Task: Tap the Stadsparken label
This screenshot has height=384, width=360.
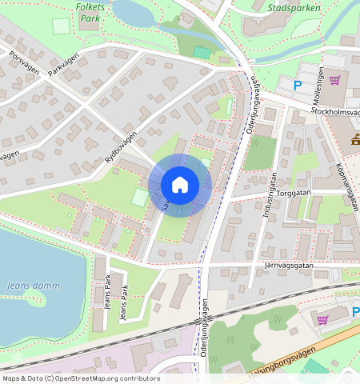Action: [x=295, y=8]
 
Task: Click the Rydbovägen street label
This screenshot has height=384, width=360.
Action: [x=121, y=149]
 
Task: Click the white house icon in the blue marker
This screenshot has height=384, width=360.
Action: [x=180, y=185]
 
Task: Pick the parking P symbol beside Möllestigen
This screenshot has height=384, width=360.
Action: [x=298, y=85]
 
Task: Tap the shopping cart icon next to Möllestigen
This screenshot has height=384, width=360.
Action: [x=334, y=80]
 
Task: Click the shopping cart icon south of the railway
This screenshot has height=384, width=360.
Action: [x=323, y=319]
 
